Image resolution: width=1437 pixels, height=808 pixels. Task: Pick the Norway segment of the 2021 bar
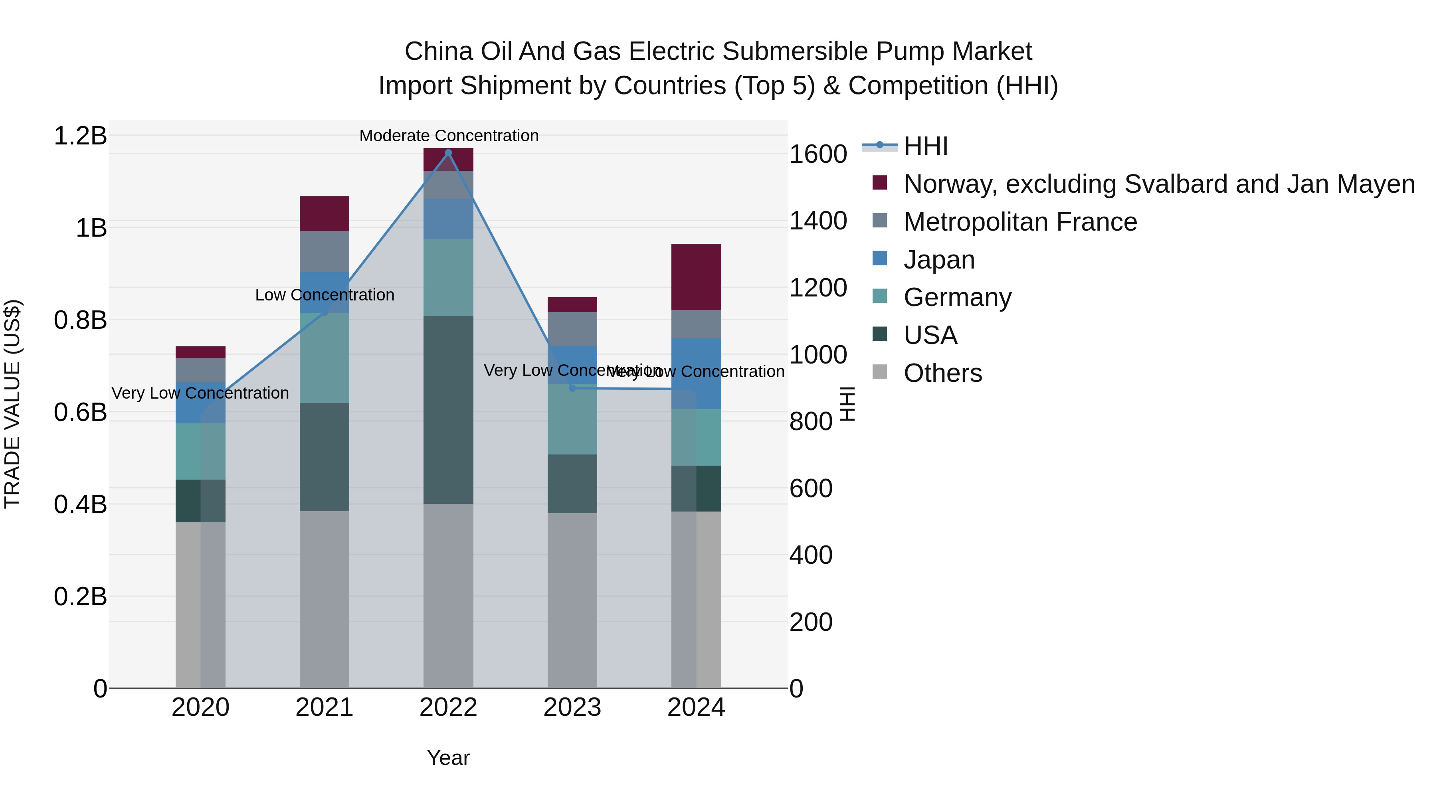coord(324,213)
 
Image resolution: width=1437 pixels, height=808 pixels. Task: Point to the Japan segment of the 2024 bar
coord(696,373)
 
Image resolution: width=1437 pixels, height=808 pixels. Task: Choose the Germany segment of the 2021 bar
coord(324,358)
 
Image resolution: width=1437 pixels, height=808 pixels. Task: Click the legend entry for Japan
coord(939,260)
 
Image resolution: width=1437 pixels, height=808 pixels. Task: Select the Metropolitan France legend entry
coord(1020,222)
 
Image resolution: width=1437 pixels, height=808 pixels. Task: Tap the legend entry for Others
coord(942,373)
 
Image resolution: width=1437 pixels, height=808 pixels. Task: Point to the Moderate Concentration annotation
coord(449,136)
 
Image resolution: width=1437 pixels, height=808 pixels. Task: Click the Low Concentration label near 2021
coord(324,295)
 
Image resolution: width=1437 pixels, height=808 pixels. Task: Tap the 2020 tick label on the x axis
coord(200,707)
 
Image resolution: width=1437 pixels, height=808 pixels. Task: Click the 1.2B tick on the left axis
coord(80,136)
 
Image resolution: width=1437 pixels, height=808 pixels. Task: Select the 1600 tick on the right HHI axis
coord(818,154)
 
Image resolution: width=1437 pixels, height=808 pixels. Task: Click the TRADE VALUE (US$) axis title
coord(12,404)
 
